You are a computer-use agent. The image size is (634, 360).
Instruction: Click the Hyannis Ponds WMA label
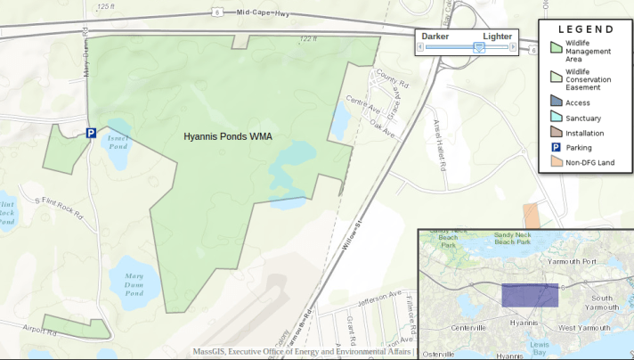227,137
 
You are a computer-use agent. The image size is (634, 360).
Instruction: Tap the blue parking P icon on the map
91,133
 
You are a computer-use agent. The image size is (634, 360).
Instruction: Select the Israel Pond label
118,141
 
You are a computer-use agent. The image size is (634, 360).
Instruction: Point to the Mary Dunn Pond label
134,283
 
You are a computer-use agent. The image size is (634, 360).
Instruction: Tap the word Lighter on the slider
497,36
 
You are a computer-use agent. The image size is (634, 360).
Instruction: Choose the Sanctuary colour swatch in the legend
556,118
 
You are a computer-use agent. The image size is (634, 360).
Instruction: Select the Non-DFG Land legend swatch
556,161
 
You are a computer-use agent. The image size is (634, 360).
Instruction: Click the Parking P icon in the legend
556,147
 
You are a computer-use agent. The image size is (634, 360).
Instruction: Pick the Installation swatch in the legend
556,133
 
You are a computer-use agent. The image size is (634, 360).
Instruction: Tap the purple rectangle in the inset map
530,295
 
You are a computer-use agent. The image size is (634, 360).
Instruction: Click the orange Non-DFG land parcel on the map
531,217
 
